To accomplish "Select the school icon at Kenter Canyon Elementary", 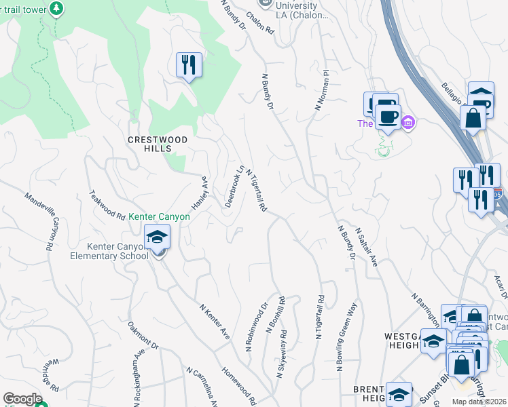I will pyautogui.click(x=157, y=237).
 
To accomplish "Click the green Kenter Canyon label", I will pyautogui.click(x=159, y=216).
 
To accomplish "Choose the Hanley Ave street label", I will pyautogui.click(x=198, y=193).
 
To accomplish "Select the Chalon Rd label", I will pyautogui.click(x=260, y=23).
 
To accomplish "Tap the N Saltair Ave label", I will pyautogui.click(x=365, y=247).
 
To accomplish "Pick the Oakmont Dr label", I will pyautogui.click(x=143, y=336).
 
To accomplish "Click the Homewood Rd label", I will pyautogui.click(x=239, y=387).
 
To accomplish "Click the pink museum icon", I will pyautogui.click(x=407, y=123).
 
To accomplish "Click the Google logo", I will pyautogui.click(x=22, y=399).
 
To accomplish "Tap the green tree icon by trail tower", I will pyautogui.click(x=58, y=7).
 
